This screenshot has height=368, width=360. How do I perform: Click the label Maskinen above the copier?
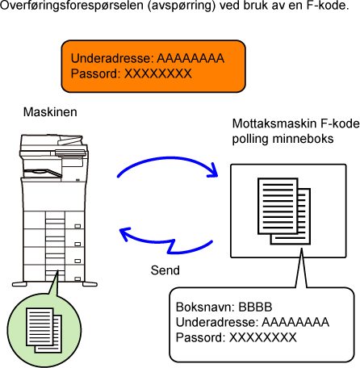(50, 112)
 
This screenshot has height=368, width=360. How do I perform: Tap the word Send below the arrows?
(165, 270)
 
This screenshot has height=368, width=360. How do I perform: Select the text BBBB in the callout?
(255, 307)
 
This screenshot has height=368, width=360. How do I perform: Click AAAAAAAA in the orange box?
(190, 58)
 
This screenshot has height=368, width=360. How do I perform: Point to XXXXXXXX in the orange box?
(157, 73)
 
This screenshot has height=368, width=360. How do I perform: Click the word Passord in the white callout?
(200, 337)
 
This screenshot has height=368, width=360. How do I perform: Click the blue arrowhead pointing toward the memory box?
(213, 171)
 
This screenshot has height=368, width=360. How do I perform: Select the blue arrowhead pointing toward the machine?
(124, 233)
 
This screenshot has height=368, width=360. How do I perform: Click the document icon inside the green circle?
(44, 330)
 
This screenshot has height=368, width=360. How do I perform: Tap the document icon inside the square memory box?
(284, 211)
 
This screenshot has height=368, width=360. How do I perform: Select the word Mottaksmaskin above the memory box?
(274, 123)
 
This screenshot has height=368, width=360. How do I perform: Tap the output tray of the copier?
(43, 174)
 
